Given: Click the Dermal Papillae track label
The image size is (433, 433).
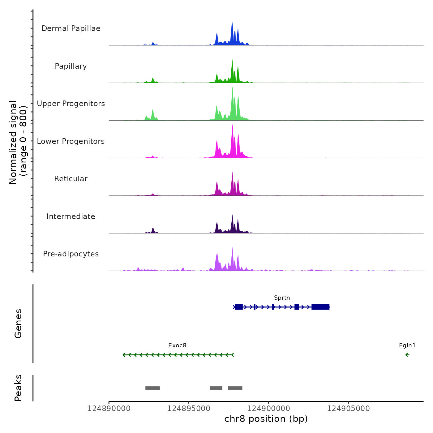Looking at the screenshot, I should click(x=71, y=28).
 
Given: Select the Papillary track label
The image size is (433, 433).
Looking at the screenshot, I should click(x=71, y=66).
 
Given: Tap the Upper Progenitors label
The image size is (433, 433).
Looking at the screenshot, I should click(x=71, y=104).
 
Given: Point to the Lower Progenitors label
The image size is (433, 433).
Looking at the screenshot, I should click(x=71, y=141).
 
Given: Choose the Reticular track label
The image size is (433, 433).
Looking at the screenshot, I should click(x=71, y=179).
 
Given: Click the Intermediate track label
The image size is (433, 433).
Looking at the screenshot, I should click(x=71, y=216).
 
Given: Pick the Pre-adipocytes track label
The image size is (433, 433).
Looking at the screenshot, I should click(x=71, y=254).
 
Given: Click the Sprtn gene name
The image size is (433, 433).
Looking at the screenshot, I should click(x=282, y=298).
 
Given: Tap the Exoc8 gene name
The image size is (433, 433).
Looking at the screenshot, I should click(x=177, y=345).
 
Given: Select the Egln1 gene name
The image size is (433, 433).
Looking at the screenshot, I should click(x=407, y=345).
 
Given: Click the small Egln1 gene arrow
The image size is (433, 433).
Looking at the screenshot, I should click(x=407, y=355).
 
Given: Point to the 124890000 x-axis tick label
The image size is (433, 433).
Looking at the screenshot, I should click(x=109, y=409).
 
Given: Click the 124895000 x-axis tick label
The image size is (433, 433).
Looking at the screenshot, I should click(x=189, y=409).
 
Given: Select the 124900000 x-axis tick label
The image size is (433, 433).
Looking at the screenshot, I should click(x=268, y=409).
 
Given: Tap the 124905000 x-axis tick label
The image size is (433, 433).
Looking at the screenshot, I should click(x=348, y=409).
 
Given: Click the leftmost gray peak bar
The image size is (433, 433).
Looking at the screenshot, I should click(x=152, y=388).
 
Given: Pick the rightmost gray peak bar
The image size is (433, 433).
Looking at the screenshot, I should click(x=235, y=388).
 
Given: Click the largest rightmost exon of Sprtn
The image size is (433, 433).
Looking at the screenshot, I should click(x=320, y=307).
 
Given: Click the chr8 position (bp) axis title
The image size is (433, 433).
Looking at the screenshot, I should click(x=266, y=419).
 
